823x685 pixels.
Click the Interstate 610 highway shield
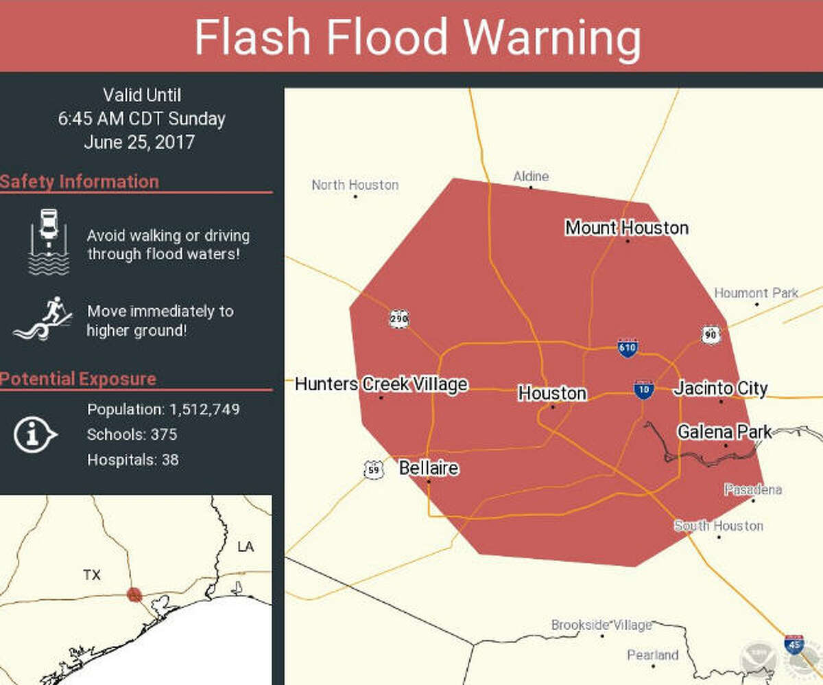pyautogui.click(x=628, y=347)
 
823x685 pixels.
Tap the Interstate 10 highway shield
pyautogui.click(x=643, y=389)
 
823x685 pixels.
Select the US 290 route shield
pyautogui.click(x=398, y=318)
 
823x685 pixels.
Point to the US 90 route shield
pyautogui.click(x=711, y=334)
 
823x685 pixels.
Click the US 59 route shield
pyautogui.click(x=373, y=470)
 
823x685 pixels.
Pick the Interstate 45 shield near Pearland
pyautogui.click(x=794, y=645)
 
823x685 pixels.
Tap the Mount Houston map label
pyautogui.click(x=626, y=227)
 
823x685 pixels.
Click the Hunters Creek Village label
pyautogui.click(x=381, y=384)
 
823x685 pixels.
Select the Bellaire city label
pyautogui.click(x=429, y=469)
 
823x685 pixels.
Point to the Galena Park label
pyautogui.click(x=724, y=432)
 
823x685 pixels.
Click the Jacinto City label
pyautogui.click(x=720, y=388)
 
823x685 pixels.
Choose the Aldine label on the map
pyautogui.click(x=531, y=176)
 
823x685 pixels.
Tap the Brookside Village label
pyautogui.click(x=601, y=625)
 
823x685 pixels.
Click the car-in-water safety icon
pyautogui.click(x=48, y=242)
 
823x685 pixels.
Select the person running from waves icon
pyautogui.click(x=43, y=320)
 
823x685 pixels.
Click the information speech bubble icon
pyautogui.click(x=34, y=434)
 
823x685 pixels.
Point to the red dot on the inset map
pyautogui.click(x=134, y=594)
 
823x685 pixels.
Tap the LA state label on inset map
pyautogui.click(x=245, y=546)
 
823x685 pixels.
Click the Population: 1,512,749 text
pyautogui.click(x=163, y=410)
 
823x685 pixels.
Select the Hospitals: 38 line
pyautogui.click(x=132, y=459)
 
